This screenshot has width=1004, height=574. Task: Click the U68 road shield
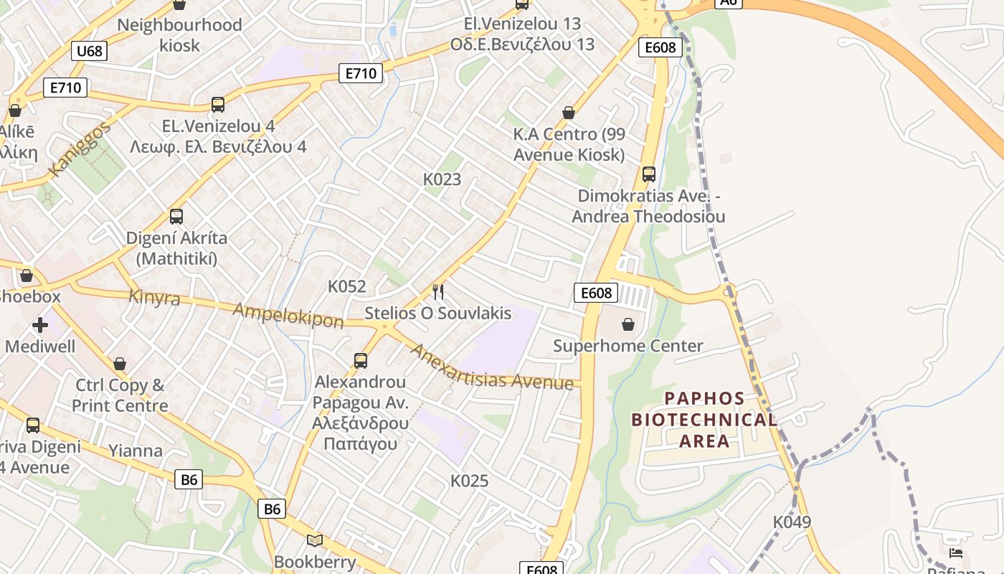click(90, 50)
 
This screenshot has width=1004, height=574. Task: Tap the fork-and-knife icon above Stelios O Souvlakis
click(438, 291)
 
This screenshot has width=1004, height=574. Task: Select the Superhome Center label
click(628, 346)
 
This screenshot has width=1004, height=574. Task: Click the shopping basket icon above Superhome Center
click(628, 324)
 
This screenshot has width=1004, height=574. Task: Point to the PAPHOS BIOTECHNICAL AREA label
click(704, 420)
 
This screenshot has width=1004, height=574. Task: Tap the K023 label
click(442, 179)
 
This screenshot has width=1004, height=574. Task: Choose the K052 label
click(347, 286)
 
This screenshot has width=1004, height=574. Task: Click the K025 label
click(469, 481)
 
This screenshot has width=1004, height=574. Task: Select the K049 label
click(792, 522)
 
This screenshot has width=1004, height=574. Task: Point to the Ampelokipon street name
click(288, 315)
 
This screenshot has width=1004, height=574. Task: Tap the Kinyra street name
click(154, 297)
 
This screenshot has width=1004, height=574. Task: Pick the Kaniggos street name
click(80, 149)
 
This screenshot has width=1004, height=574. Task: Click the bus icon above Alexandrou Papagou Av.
click(361, 360)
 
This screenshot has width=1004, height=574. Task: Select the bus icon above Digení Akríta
click(176, 216)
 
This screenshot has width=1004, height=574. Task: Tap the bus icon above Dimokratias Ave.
click(649, 174)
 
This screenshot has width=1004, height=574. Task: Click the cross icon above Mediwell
click(40, 325)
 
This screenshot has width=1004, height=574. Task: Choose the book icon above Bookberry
click(315, 540)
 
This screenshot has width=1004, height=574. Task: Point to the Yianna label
click(136, 451)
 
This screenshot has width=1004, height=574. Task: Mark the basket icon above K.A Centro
click(569, 113)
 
